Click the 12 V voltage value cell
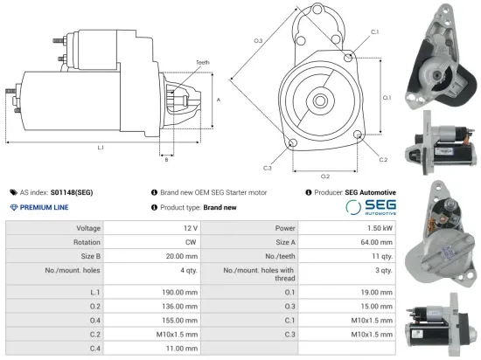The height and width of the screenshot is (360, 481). tap(190, 227)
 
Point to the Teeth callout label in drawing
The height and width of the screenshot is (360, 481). tap(203, 63)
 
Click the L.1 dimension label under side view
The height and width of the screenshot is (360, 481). tap(101, 148)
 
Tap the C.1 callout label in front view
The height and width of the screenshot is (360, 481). tap(374, 31)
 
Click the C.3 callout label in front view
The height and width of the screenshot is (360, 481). tap(267, 167)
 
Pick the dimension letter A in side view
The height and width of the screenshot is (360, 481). tap(218, 100)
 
